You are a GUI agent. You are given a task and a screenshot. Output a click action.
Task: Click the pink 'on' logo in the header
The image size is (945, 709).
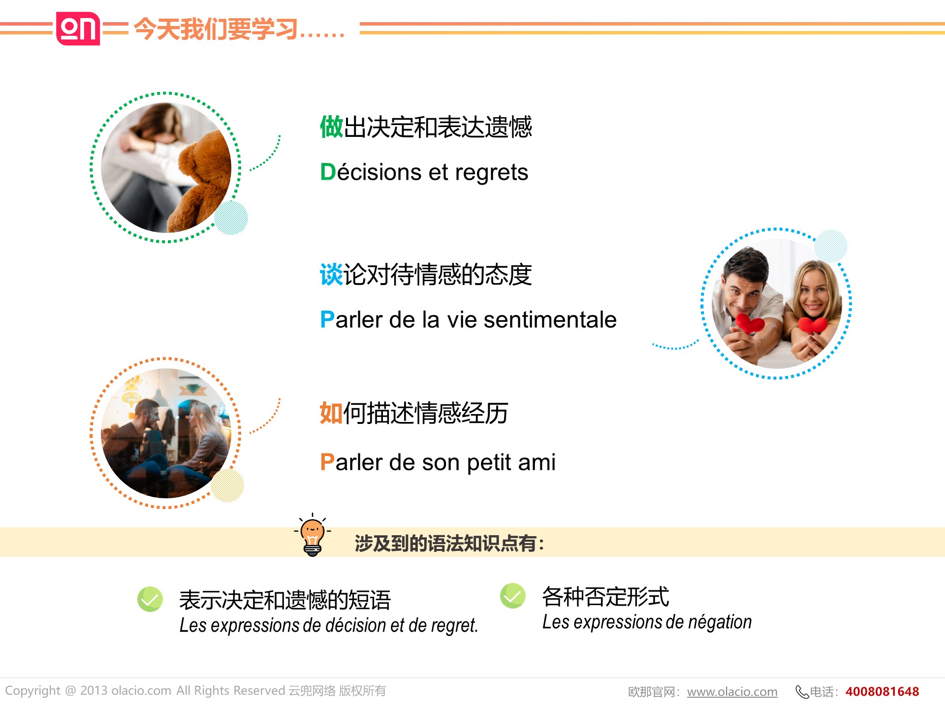pyautogui.click(x=78, y=29)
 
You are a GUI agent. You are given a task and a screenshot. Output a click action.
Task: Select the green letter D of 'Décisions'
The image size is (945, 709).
pyautogui.click(x=328, y=172)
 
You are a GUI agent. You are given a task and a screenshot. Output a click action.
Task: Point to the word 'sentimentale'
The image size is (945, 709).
pyautogui.click(x=550, y=320)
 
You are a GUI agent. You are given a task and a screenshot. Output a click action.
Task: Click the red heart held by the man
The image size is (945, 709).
pyautogui.click(x=750, y=323)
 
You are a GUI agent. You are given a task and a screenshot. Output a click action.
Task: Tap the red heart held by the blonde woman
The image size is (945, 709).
pyautogui.click(x=813, y=325)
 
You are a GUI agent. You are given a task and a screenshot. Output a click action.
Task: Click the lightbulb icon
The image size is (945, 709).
pyautogui.click(x=313, y=535)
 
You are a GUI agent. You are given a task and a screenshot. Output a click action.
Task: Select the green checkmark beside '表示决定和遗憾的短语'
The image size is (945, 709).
pyautogui.click(x=150, y=599)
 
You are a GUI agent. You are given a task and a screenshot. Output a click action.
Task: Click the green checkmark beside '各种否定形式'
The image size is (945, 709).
pyautogui.click(x=513, y=596)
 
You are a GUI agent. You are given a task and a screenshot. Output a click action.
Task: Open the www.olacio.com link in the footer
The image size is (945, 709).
pyautogui.click(x=732, y=692)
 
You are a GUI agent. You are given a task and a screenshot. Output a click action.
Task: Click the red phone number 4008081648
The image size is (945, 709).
pyautogui.click(x=882, y=691)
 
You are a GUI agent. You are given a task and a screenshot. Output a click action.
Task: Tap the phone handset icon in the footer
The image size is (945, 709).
pyautogui.click(x=802, y=692)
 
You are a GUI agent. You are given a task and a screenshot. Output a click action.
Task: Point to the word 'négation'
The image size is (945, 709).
pyautogui.click(x=720, y=622)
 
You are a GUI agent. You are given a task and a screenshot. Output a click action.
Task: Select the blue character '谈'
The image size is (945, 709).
pyautogui.click(x=331, y=275)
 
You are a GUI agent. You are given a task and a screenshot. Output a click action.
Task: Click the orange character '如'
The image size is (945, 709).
pyautogui.click(x=331, y=413)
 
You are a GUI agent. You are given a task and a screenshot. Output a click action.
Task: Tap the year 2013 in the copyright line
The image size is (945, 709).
pyautogui.click(x=94, y=691)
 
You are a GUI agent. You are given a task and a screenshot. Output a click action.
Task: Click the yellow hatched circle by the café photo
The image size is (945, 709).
pyautogui.click(x=227, y=485)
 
